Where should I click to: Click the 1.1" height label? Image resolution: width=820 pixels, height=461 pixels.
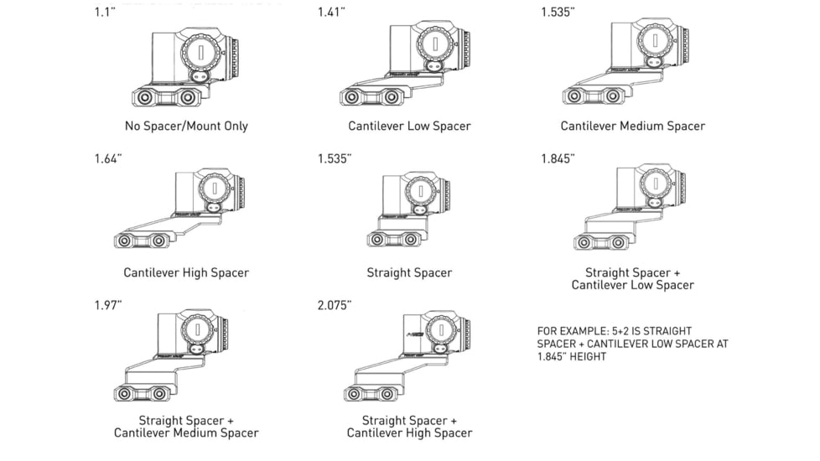coord(104,13)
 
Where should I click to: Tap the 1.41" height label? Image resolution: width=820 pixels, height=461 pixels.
coord(330,13)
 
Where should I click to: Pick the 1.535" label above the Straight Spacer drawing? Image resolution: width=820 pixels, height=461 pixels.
coord(335,159)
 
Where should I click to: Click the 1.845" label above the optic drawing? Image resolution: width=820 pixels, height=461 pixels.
coord(558,159)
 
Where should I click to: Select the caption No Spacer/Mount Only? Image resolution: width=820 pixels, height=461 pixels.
coord(186,127)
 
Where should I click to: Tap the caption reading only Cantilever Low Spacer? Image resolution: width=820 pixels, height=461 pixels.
coord(409,127)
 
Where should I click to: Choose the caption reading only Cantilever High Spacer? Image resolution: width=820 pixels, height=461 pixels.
coord(186,272)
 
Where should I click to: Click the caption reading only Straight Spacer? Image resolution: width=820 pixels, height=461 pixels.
coord(409,272)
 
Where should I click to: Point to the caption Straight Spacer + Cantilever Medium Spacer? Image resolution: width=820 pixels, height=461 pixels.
coord(186,427)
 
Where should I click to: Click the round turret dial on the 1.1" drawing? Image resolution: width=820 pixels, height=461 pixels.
coord(202,50)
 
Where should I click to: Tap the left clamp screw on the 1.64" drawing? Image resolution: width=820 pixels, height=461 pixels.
coord(125,241)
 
